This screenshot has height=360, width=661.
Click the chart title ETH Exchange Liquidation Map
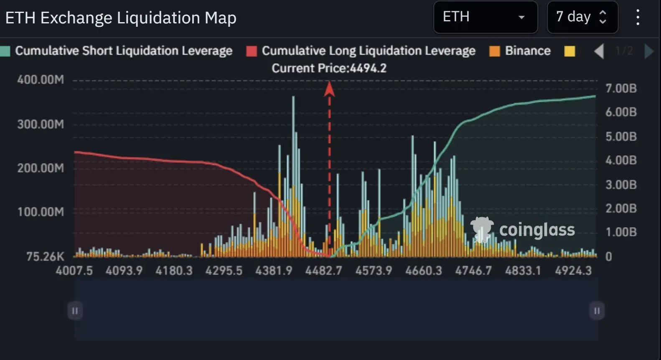click(121, 18)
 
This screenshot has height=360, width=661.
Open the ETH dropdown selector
click(485, 17)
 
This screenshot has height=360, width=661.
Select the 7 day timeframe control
click(582, 17)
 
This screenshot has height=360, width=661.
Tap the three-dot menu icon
click(638, 18)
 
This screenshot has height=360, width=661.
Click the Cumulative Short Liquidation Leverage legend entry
click(123, 51)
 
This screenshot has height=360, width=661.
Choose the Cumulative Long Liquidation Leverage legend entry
click(368, 51)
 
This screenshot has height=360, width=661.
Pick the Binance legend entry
click(527, 51)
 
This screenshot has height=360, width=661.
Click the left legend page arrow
click(599, 51)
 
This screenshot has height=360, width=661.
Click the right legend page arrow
click(648, 51)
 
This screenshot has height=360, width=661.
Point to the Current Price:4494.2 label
click(329, 68)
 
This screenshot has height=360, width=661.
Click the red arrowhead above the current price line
click(329, 89)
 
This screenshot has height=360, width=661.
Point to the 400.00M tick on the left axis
click(41, 79)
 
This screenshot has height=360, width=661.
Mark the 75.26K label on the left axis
click(45, 256)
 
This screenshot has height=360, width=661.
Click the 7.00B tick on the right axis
click(621, 89)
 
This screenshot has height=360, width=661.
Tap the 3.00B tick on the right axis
click(621, 185)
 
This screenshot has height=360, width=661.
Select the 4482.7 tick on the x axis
click(323, 271)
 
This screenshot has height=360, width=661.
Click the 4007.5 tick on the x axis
click(74, 271)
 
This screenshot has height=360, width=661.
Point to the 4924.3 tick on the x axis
click(573, 271)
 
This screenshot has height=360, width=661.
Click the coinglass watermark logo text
click(537, 230)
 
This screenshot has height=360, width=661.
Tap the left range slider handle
click(75, 311)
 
